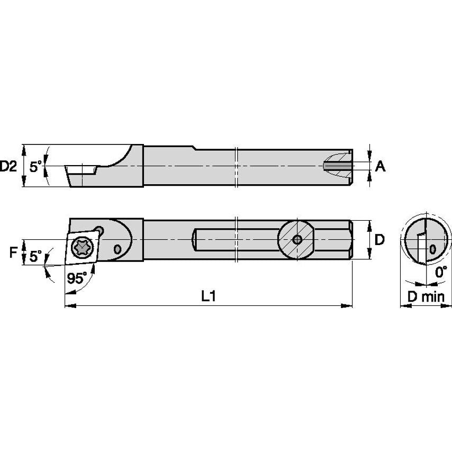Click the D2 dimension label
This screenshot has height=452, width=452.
(x=9, y=166)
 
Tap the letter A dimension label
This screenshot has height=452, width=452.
(x=380, y=167)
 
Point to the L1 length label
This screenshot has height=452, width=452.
(x=209, y=297)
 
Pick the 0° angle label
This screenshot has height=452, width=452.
(x=440, y=273)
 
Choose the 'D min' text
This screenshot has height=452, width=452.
(x=426, y=297)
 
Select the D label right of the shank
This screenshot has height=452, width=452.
(x=379, y=240)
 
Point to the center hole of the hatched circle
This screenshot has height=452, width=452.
(x=297, y=240)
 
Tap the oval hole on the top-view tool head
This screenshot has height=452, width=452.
(x=117, y=248)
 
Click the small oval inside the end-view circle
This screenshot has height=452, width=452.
(x=433, y=248)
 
